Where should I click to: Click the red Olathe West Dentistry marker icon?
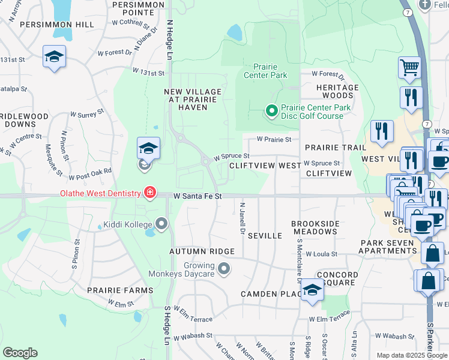point(149,193)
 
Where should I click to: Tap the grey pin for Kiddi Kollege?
point(161,224)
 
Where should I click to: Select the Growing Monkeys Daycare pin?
point(224,269)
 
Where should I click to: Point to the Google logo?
point(20,353)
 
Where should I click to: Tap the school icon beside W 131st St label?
point(54,58)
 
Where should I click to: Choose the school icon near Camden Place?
point(312,291)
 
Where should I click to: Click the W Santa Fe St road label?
point(198,196)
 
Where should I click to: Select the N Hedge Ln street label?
point(170,39)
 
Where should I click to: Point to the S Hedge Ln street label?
point(167,325)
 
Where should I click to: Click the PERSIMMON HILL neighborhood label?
point(57,25)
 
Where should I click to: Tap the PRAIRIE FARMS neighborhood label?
point(120,290)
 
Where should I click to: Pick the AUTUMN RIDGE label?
point(196,251)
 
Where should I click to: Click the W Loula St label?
point(321,254)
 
